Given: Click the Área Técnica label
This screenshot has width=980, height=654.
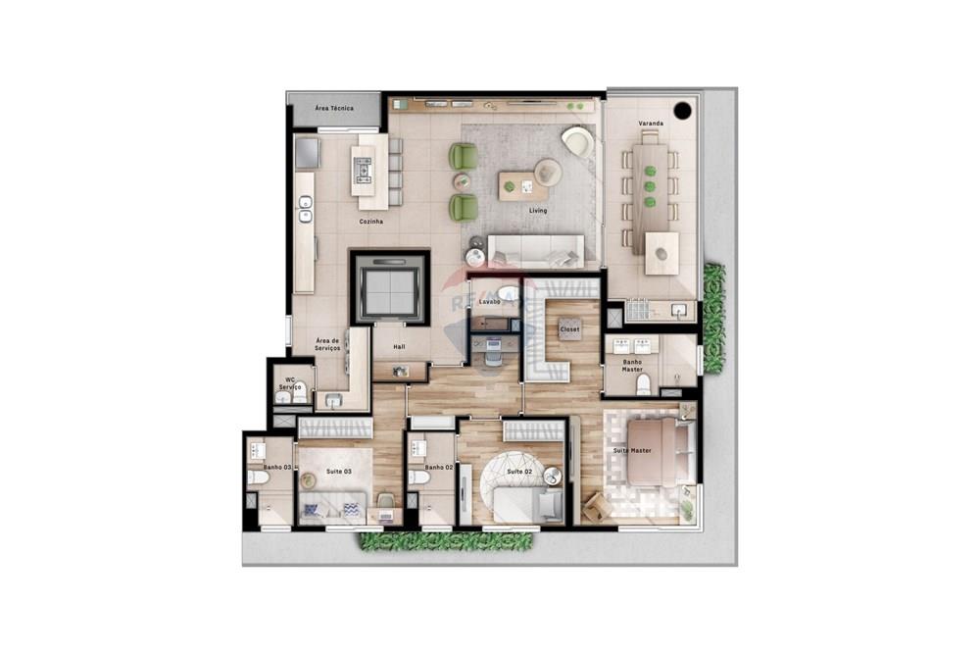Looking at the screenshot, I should (x=333, y=108).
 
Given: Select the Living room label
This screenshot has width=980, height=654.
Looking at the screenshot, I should (x=537, y=211).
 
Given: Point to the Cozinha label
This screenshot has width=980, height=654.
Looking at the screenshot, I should (x=370, y=222).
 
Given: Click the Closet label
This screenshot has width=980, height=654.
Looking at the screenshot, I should (x=569, y=330).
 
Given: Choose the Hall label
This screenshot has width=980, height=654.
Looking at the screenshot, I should (x=399, y=347).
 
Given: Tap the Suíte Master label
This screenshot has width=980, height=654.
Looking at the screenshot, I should (x=632, y=450).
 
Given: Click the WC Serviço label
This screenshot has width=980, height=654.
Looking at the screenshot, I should (x=290, y=383).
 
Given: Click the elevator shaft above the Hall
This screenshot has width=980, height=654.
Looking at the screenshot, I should (x=389, y=286).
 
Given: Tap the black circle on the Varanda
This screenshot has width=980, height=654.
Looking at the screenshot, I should (x=683, y=110).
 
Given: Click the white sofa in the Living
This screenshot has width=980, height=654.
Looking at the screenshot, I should (x=535, y=252).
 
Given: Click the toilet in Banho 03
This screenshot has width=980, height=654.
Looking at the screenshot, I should (x=256, y=478).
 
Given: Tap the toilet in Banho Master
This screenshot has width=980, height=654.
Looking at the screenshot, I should (x=644, y=383).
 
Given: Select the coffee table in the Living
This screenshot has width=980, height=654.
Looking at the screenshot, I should (x=521, y=185).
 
